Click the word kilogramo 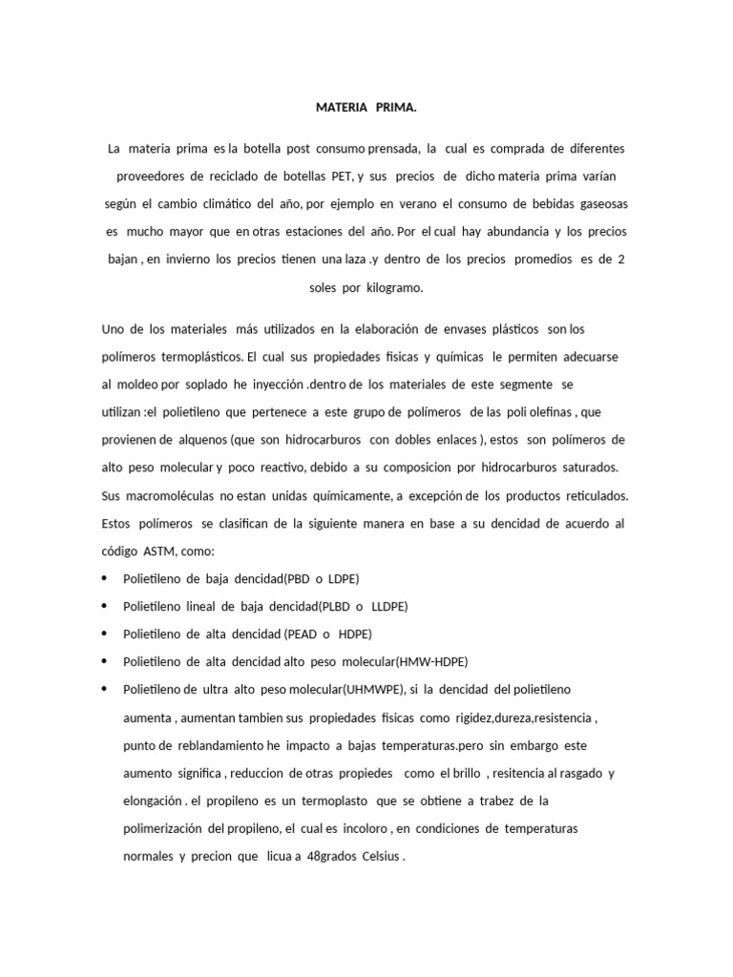(392, 286)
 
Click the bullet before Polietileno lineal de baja (103, 607)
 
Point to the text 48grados (332, 856)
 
